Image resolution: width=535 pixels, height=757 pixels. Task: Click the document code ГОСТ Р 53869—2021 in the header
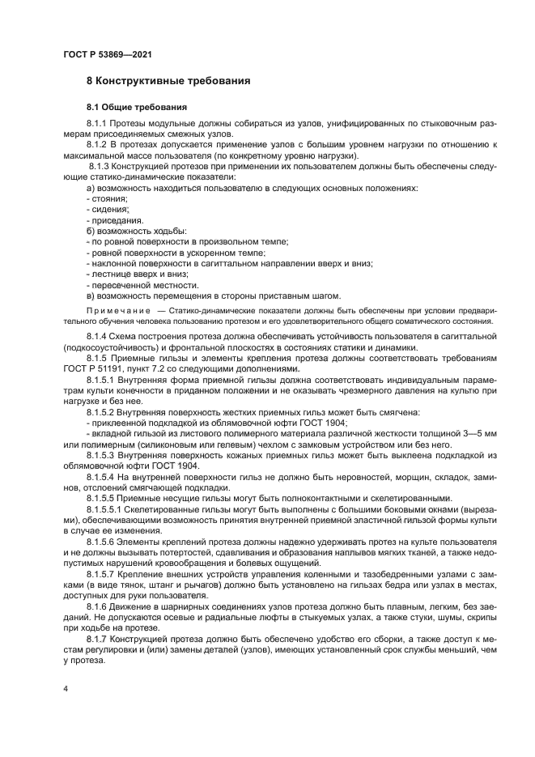pyautogui.click(x=107, y=53)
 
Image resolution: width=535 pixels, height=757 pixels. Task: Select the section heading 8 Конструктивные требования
pyautogui.click(x=168, y=82)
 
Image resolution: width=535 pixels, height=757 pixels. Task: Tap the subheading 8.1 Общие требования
pyautogui.click(x=136, y=106)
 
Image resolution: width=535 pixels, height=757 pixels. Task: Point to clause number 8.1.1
pyautogui.click(x=97, y=123)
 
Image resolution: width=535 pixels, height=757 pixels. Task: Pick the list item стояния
pyautogui.click(x=108, y=198)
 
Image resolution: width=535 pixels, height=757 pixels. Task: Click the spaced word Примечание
pyautogui.click(x=120, y=311)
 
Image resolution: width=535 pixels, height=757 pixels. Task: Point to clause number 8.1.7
pyautogui.click(x=97, y=638)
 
